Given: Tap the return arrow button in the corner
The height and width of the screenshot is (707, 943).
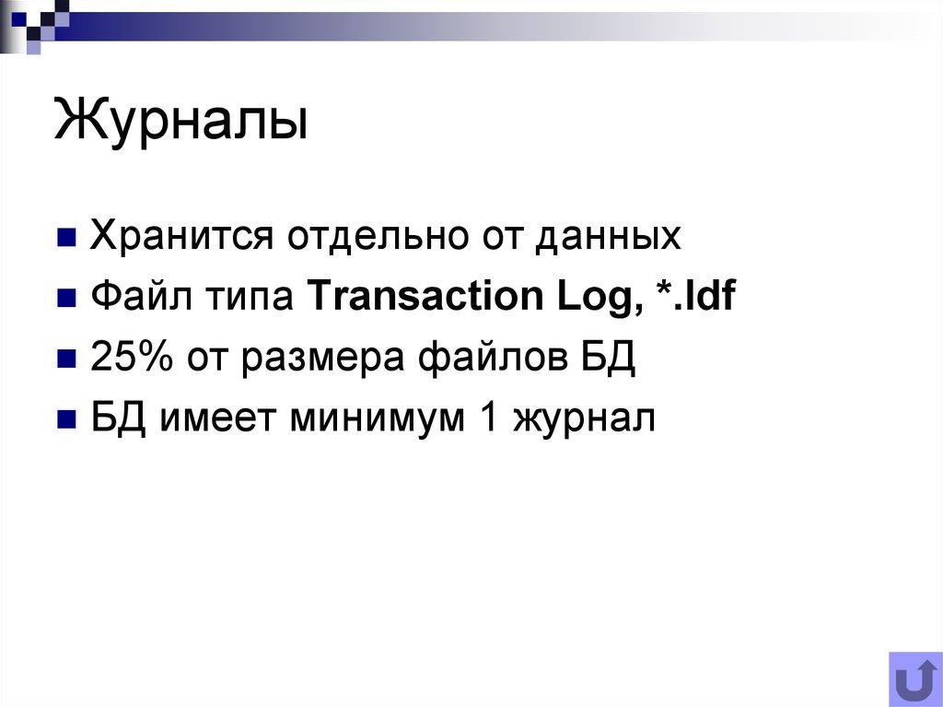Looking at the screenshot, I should pos(914,679).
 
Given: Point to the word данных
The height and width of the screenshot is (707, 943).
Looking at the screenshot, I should pos(609,237).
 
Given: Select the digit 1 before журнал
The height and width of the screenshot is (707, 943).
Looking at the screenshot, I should pos(486,418).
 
